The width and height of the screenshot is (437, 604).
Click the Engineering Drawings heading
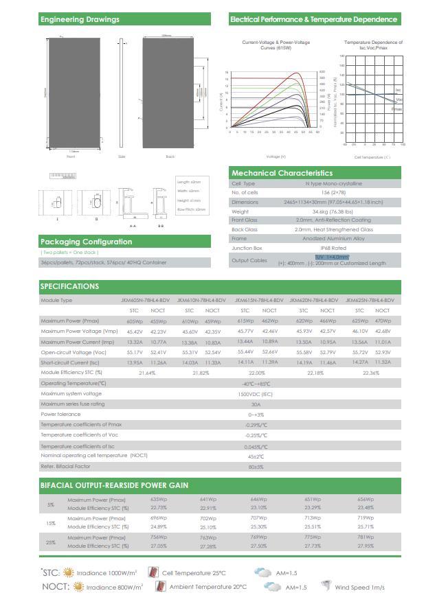[x=80, y=19]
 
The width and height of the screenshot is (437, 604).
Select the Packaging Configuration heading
[x=87, y=242]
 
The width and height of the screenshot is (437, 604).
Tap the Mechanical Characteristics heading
[x=282, y=173]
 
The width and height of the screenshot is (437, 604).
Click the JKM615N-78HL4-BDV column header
[x=258, y=301]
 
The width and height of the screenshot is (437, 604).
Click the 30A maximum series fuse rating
[x=256, y=404]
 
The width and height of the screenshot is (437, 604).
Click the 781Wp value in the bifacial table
[x=366, y=537]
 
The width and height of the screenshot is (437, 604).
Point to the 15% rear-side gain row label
[x=51, y=523]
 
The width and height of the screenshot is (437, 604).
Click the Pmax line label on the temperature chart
[x=396, y=109]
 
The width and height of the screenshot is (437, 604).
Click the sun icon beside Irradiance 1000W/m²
[x=68, y=572]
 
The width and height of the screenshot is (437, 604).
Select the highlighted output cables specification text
[x=332, y=257]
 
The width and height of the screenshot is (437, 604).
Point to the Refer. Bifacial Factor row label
[x=66, y=467]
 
